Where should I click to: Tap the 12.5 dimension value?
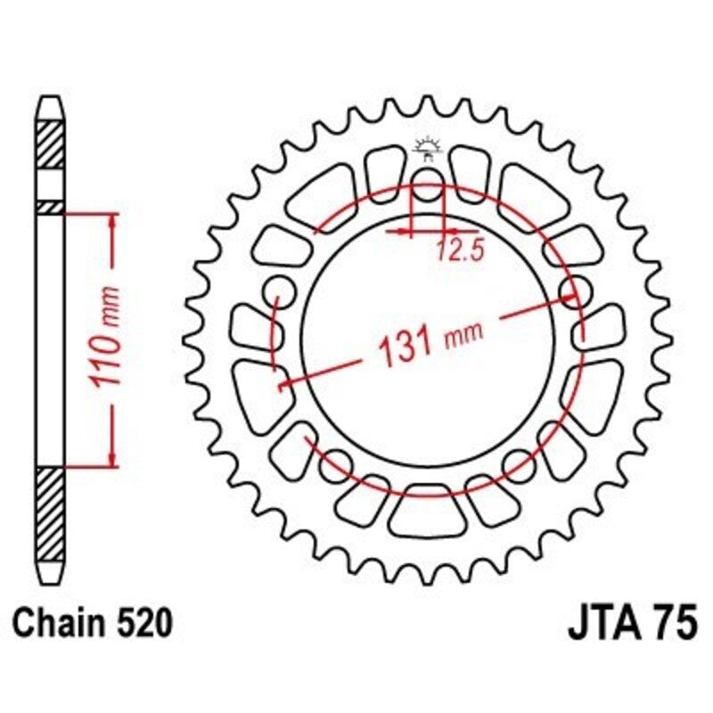coord(459,251)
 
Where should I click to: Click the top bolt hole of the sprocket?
coord(429,189)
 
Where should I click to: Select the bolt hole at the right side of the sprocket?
coord(576,290)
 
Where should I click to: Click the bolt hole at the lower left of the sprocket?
coord(336,461)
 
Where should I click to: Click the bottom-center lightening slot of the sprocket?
coord(428,514)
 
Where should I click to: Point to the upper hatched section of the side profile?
coord(51,143)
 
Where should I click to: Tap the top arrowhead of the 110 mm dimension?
coord(112,219)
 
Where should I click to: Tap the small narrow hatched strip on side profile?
coord(51,206)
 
